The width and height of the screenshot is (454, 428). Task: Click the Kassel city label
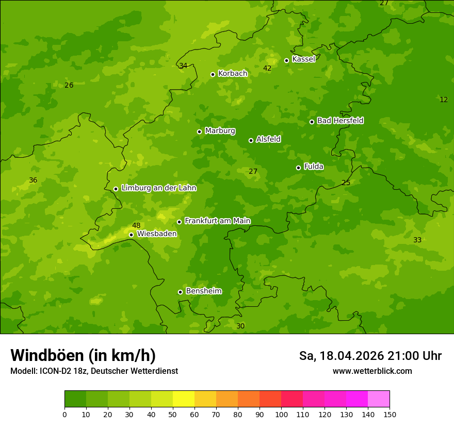coord(303,59)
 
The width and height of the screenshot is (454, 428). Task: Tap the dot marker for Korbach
coord(213,74)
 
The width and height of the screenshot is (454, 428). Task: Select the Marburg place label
coord(220,131)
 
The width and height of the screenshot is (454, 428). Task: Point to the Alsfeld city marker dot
coord(251,140)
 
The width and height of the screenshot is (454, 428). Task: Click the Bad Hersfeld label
coord(340,121)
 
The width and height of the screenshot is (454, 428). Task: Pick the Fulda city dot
coord(298,168)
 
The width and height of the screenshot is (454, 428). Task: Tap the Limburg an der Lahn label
coord(158,188)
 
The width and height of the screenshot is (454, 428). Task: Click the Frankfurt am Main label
coord(217,221)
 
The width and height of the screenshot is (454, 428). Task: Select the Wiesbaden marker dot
coord(131,235)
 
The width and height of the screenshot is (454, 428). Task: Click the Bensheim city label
coord(203,291)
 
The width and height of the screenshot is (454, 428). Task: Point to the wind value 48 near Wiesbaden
coord(136,225)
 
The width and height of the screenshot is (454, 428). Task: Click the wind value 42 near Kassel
coord(267,68)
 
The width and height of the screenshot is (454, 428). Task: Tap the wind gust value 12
coord(444,100)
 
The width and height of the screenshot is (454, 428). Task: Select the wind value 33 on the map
coord(417,240)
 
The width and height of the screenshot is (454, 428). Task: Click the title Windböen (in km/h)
coord(83,355)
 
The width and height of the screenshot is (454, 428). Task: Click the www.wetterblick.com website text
coord(372,371)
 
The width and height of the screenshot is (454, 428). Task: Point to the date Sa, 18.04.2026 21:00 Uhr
coord(370,356)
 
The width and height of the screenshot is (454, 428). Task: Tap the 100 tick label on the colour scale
coord(281,414)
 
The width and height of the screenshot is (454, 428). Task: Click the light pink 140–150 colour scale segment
coord(379,399)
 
